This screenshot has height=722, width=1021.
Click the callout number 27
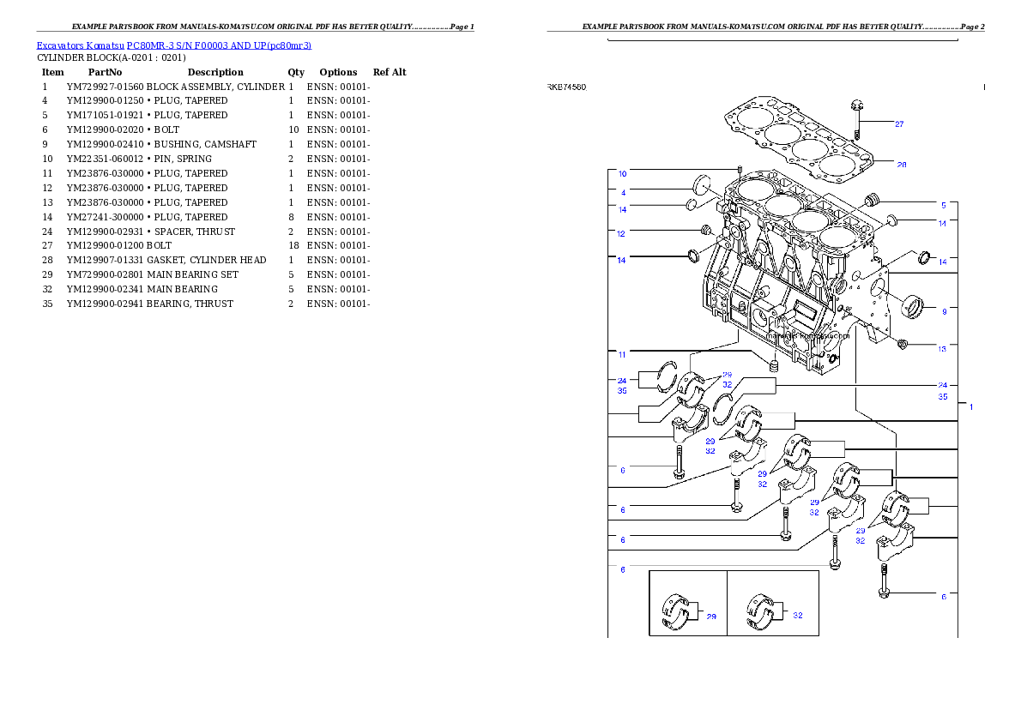[x=899, y=124]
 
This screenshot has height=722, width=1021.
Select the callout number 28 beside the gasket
[x=901, y=165]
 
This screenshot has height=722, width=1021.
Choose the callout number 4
[x=623, y=192]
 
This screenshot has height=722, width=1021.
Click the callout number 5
[x=943, y=206]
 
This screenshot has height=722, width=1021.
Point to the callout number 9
[x=944, y=312]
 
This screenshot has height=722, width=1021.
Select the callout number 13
[x=942, y=349]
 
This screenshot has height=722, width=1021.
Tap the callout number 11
[x=622, y=353]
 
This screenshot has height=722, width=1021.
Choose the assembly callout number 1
[x=970, y=407]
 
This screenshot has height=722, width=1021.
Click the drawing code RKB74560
[x=567, y=87]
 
